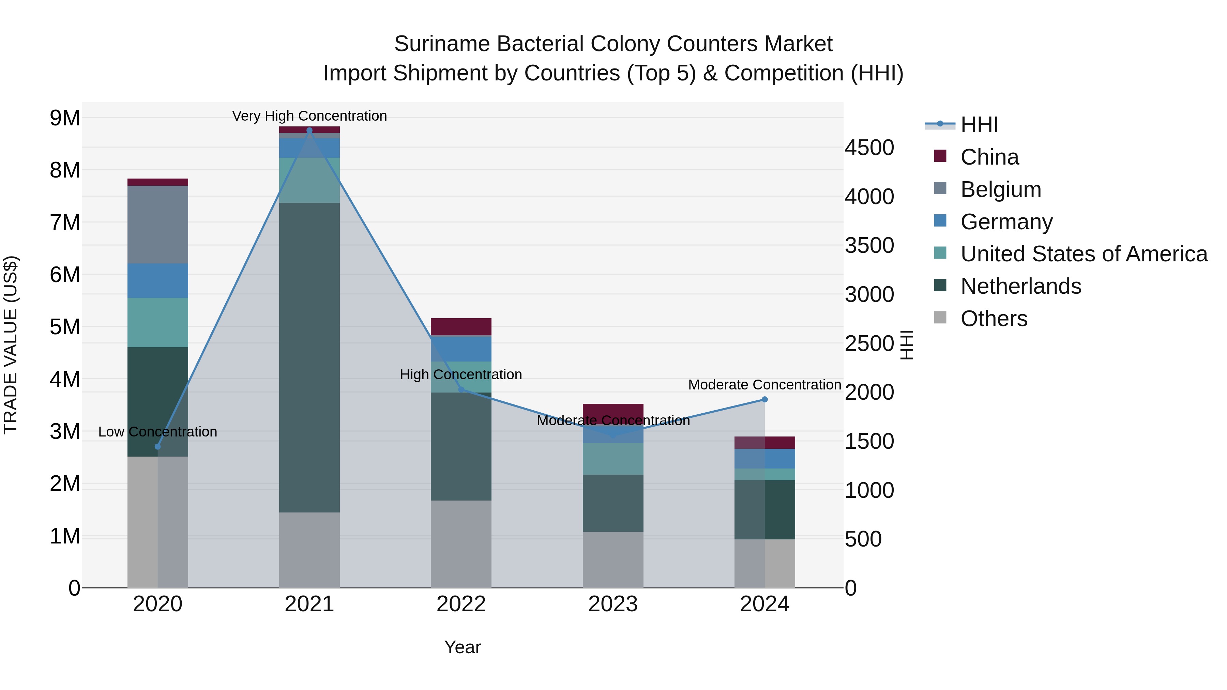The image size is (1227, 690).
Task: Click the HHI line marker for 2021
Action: coord(309,131)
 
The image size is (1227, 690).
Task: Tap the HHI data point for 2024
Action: coord(764,400)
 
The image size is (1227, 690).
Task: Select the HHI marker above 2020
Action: coord(158,447)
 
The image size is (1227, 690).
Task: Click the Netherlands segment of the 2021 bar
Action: coord(309,357)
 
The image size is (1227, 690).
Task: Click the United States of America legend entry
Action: coord(1084,254)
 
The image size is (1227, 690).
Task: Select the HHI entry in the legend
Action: coord(979,125)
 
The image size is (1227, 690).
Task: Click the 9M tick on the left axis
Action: coord(65,118)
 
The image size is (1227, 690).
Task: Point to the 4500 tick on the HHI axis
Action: coord(869,148)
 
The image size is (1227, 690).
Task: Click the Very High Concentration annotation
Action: coord(309,116)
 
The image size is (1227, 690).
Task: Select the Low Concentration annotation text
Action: coord(158,432)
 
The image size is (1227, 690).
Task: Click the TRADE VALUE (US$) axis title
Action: coord(11,345)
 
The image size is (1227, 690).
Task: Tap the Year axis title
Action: coord(462,647)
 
